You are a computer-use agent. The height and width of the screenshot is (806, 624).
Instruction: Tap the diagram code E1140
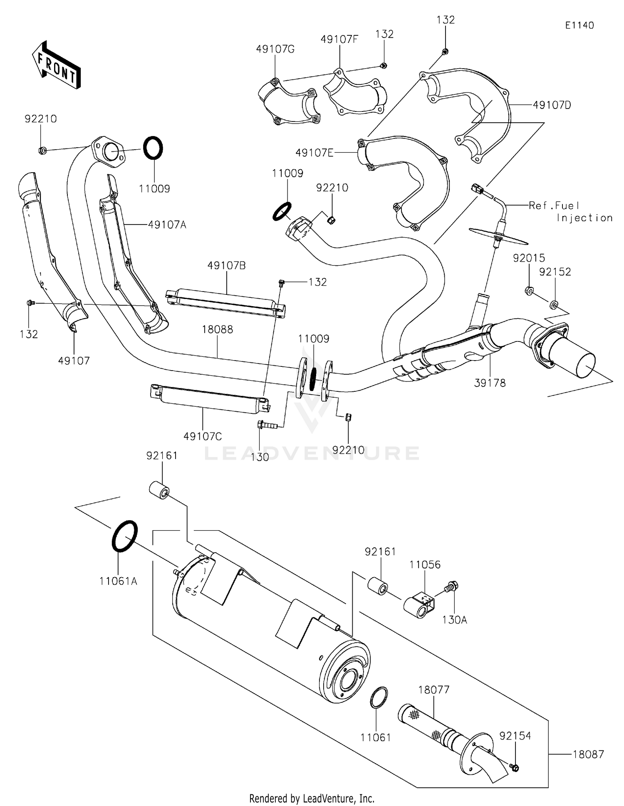pos(579,25)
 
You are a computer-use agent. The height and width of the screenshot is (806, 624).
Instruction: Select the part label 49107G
pos(275,49)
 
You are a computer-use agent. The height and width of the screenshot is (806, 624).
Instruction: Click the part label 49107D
pos(552,105)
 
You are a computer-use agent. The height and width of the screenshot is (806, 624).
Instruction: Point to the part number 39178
pos(490,383)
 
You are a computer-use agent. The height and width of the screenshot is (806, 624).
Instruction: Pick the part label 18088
pos(217,330)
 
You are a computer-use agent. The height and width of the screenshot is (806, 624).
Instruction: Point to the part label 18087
pos(588,754)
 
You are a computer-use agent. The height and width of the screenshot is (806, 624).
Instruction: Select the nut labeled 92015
pos(529,291)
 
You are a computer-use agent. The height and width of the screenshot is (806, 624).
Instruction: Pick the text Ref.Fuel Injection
pos(570,211)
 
